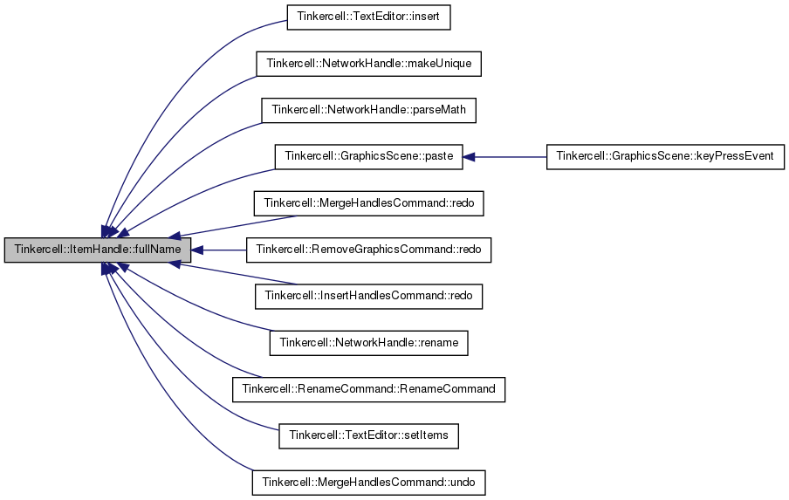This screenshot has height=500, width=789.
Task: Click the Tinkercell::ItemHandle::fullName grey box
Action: pyautogui.click(x=98, y=250)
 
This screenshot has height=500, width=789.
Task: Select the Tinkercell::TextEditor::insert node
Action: pyautogui.click(x=368, y=17)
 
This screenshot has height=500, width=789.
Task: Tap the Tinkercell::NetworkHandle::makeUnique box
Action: pyautogui.click(x=368, y=64)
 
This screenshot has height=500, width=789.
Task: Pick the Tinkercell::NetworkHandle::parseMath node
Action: pyautogui.click(x=368, y=110)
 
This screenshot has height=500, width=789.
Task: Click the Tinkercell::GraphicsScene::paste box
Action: pyautogui.click(x=368, y=157)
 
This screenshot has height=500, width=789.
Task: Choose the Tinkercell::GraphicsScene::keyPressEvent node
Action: pyautogui.click(x=665, y=157)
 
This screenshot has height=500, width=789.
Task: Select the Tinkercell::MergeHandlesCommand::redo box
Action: pyautogui.click(x=368, y=203)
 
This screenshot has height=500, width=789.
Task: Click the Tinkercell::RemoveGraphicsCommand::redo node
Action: pyautogui.click(x=368, y=250)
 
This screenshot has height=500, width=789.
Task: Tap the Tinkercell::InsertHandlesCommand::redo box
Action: pyautogui.click(x=368, y=297)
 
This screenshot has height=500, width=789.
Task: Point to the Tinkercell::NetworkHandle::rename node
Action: pyautogui.click(x=368, y=343)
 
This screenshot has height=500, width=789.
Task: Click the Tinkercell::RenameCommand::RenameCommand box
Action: pyautogui.click(x=368, y=389)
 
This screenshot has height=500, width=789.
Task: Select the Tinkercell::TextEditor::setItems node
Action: pyautogui.click(x=368, y=435)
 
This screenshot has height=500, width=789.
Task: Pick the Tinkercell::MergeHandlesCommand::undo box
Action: pyautogui.click(x=368, y=483)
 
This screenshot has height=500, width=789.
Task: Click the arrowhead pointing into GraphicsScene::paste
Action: pyautogui.click(x=469, y=157)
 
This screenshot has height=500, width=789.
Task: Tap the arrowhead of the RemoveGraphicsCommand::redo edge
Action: pyautogui.click(x=196, y=250)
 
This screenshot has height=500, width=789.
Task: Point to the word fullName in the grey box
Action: pyautogui.click(x=159, y=250)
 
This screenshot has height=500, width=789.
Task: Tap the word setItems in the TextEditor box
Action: pyautogui.click(x=427, y=435)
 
